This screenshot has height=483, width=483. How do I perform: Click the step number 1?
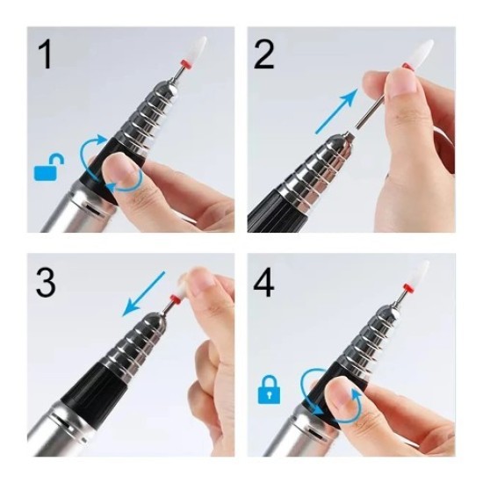[44, 54]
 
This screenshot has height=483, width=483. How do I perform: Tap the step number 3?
[46, 283]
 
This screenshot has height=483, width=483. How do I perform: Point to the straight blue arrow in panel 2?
[334, 109]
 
